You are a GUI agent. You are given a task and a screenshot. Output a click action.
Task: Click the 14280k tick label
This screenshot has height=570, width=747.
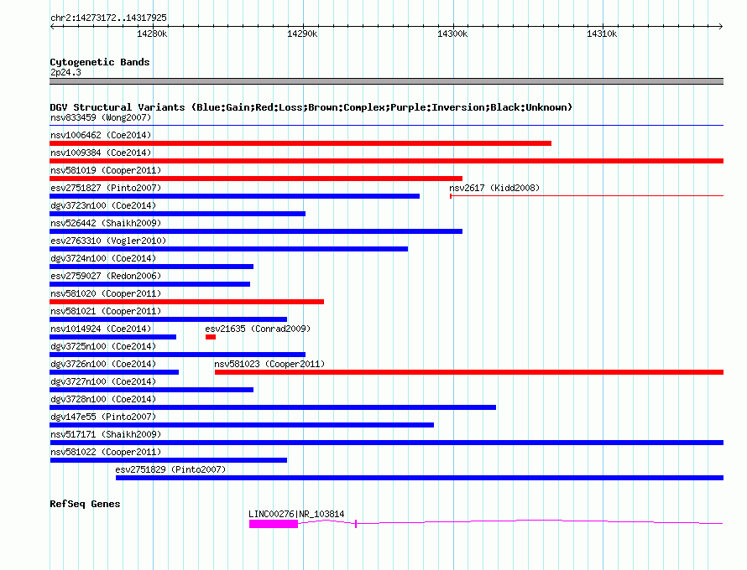coord(152,34)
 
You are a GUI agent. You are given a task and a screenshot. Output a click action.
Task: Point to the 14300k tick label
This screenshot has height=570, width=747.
coord(452,34)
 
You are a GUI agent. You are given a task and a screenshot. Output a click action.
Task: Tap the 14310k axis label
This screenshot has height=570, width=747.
coord(602,34)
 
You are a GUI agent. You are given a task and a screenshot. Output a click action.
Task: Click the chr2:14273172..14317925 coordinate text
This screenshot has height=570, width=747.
coord(108,18)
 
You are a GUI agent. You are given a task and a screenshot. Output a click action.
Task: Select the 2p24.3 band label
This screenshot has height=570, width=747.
coord(65,72)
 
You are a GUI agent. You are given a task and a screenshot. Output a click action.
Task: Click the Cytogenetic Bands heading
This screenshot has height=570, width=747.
coord(100,62)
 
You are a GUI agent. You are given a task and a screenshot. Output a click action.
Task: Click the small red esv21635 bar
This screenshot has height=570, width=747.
coord(211,337)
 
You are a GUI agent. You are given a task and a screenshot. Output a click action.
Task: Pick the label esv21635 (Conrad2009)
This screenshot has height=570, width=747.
coord(258,329)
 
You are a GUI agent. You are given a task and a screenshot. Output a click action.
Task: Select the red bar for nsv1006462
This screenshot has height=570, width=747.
coord(300,143)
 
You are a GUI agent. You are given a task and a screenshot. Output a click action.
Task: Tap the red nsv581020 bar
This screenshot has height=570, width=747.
coord(186,302)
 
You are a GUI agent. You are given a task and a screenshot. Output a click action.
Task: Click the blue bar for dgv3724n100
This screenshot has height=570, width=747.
coord(151,267)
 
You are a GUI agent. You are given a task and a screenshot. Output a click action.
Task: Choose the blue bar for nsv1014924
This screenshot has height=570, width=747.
coord(113,337)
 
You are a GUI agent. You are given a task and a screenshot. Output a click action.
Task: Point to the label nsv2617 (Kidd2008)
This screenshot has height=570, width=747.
coord(494,188)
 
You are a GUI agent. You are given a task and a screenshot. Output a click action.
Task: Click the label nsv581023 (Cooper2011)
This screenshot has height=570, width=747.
coord(269,364)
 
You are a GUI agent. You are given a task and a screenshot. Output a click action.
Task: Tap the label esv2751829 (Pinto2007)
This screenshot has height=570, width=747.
coord(170,469)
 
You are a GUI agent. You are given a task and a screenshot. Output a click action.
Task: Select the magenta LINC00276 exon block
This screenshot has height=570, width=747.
coord(274,524)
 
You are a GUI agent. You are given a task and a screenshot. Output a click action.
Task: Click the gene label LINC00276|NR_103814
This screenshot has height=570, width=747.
coord(296,514)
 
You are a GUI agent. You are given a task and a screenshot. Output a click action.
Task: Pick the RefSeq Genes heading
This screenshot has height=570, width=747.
coord(85,504)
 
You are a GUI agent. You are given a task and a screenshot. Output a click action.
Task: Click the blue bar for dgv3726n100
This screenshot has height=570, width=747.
coord(114,372)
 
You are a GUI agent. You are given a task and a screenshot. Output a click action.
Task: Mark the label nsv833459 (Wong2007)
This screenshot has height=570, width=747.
coord(101,117)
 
